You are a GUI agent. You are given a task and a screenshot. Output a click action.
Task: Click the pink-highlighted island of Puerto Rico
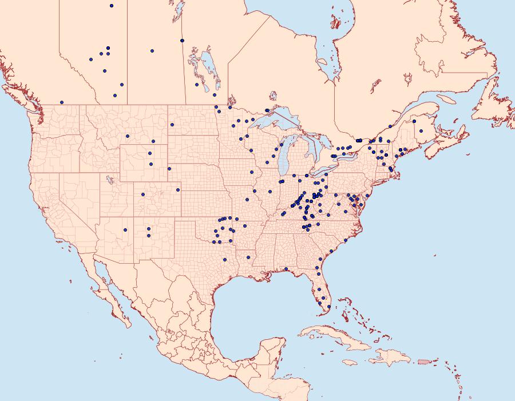click(x=424, y=362)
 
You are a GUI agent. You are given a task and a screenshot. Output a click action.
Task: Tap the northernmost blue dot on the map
click(x=112, y=6)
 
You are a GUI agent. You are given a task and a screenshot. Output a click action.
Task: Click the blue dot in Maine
click(x=421, y=131)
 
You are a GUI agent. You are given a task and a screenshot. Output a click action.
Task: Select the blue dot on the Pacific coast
click(x=61, y=102)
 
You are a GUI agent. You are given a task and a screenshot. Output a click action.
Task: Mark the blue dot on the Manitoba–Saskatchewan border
click(x=182, y=41)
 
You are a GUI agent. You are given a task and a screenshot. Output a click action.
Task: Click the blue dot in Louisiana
click(x=248, y=257)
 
